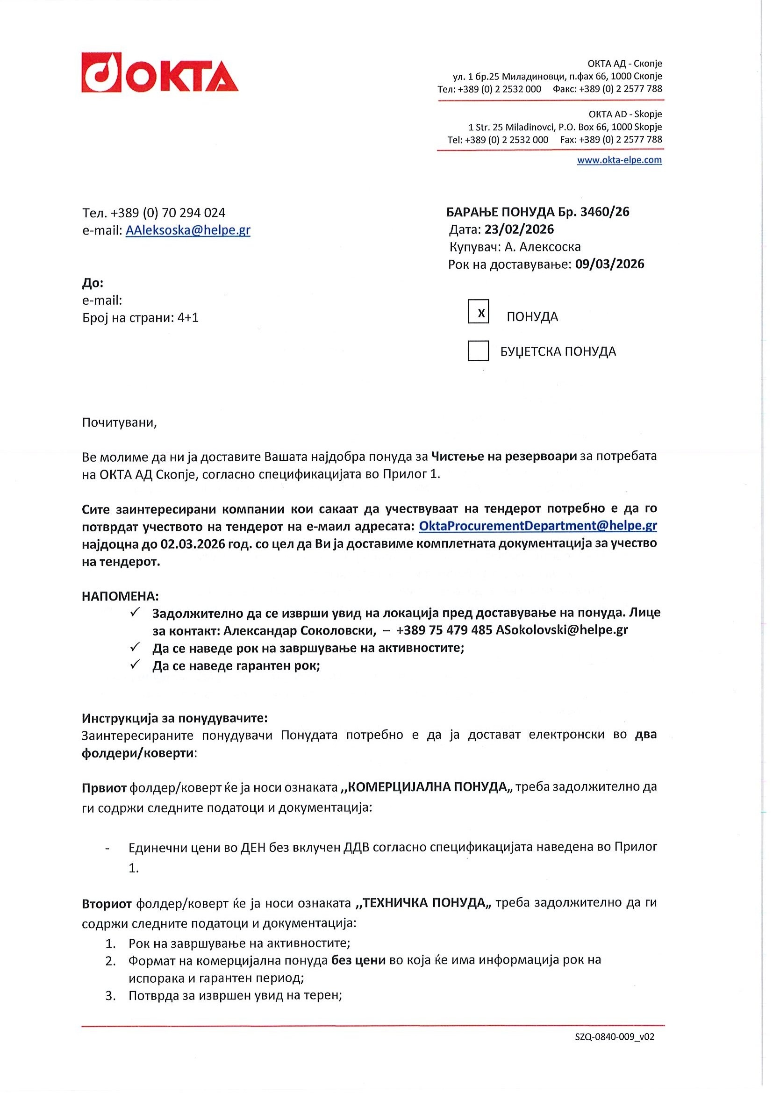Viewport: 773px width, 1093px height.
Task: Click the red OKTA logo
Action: (159, 72)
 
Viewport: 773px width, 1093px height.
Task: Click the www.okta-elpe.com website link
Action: (619, 160)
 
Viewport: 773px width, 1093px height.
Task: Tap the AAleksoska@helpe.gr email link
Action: (187, 230)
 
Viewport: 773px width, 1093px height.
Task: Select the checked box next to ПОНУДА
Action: (478, 312)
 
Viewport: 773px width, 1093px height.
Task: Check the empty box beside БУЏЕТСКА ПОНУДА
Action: (478, 351)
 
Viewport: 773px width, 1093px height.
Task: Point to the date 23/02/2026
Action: (519, 229)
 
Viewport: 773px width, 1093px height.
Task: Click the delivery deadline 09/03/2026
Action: (609, 264)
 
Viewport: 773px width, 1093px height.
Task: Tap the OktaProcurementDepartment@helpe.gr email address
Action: (537, 526)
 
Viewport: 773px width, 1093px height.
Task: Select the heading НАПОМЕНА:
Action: (121, 596)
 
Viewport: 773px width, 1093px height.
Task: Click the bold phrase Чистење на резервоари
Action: (504, 456)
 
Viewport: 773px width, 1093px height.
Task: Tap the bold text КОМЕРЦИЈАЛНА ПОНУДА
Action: (427, 786)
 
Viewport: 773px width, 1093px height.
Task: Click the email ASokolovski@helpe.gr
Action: (562, 630)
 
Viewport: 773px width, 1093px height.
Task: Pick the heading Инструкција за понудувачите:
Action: (175, 718)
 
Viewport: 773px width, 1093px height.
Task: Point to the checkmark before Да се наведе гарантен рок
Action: (135, 664)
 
